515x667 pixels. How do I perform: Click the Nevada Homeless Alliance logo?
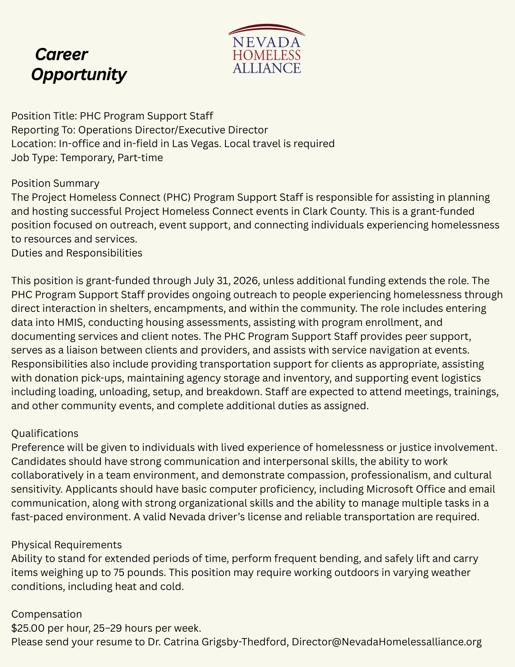[x=267, y=49]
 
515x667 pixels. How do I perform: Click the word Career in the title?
[x=62, y=55]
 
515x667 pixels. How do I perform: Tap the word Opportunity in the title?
[x=79, y=74]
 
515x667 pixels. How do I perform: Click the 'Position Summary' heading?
[x=55, y=183]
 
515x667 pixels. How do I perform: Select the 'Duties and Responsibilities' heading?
[x=77, y=253]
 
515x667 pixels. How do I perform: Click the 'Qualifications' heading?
[x=45, y=434]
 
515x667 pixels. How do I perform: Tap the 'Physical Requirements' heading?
[x=67, y=545]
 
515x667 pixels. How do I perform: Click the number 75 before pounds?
[x=134, y=572]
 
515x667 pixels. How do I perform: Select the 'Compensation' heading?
[x=46, y=614]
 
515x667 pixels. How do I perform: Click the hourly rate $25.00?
[x=28, y=628]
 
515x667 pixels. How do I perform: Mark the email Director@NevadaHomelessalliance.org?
[x=387, y=642]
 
